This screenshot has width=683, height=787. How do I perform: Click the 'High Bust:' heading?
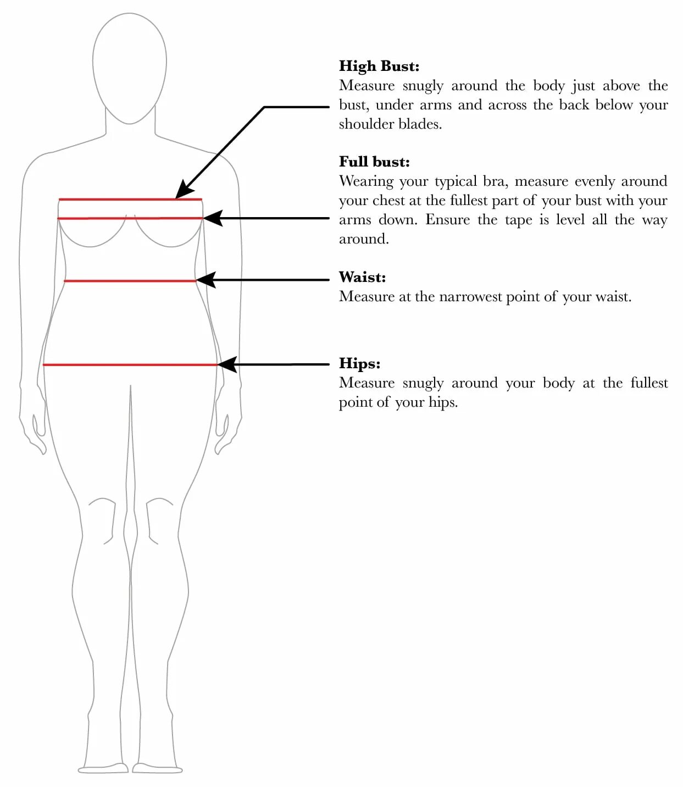pos(379,66)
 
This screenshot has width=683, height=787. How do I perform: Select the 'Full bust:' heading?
pos(374,162)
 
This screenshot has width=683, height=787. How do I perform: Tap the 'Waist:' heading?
pos(362,277)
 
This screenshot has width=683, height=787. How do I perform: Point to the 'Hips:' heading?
pos(359,363)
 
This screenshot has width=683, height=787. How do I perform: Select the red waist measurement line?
pos(130,281)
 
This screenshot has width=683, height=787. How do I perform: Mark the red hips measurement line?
pos(130,364)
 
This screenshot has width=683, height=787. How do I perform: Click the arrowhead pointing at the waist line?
pos(204,280)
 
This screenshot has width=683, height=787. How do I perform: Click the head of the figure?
pos(130,66)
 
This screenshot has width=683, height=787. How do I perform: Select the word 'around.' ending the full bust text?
pos(364,239)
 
